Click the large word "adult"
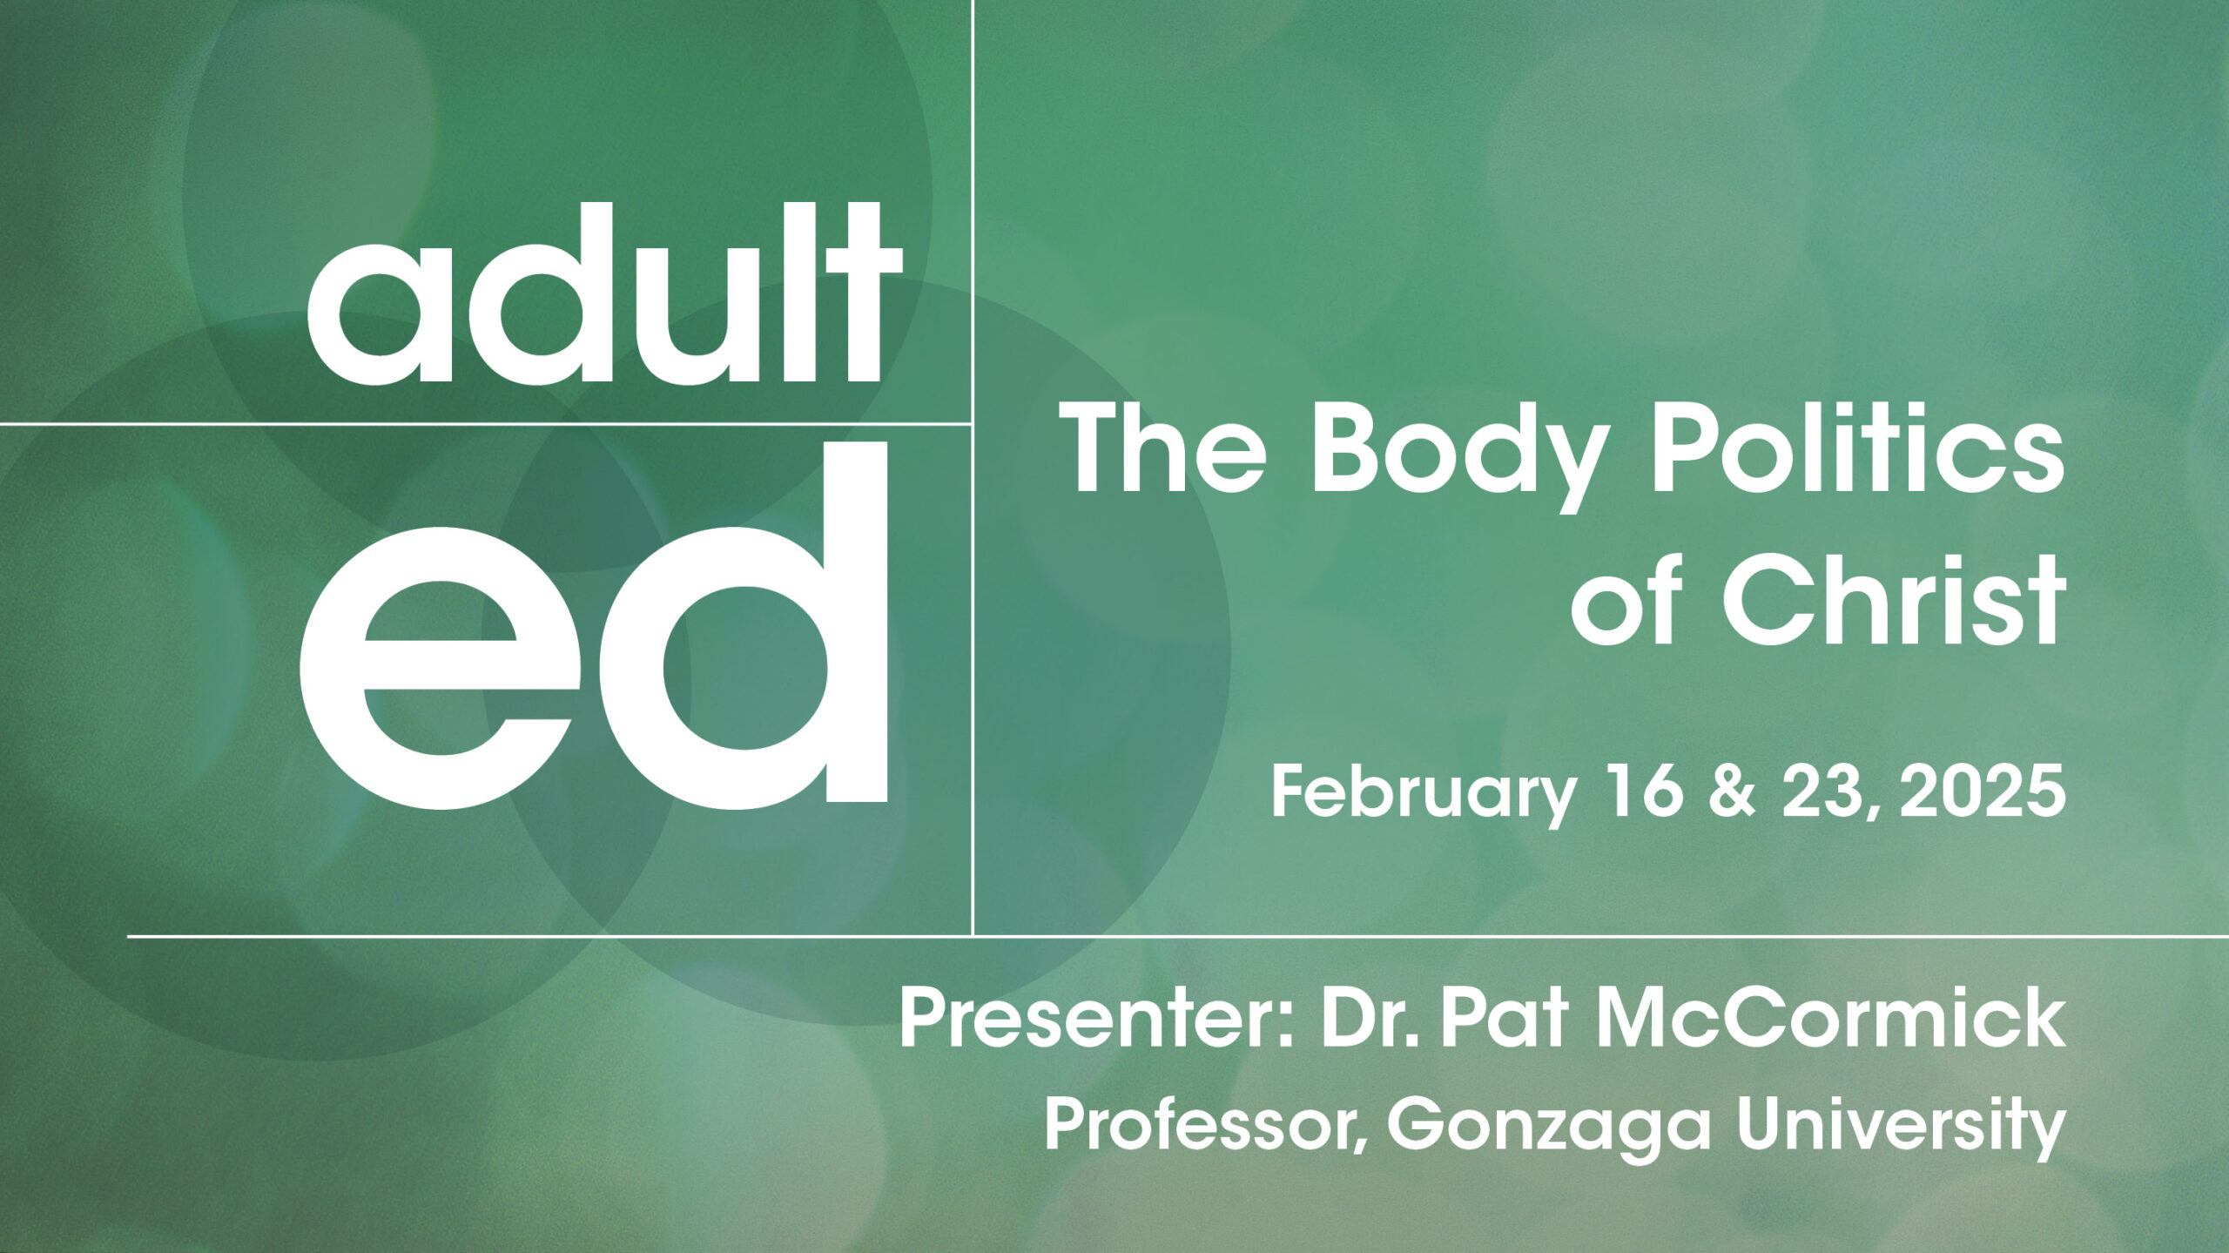[x=605, y=293]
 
